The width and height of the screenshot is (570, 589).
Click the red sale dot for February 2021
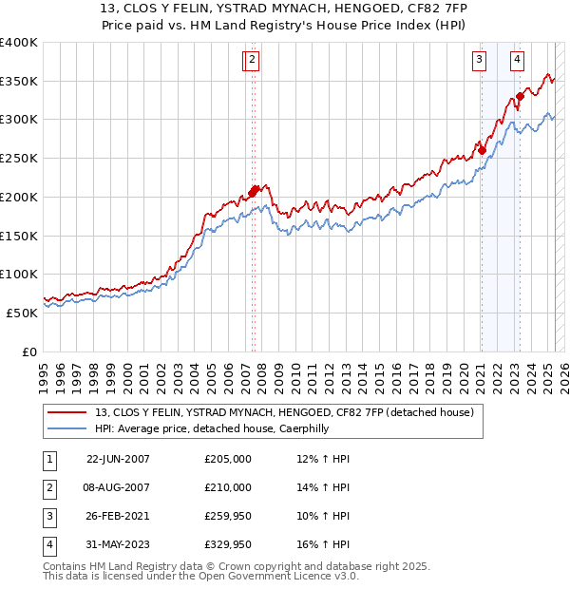click(483, 150)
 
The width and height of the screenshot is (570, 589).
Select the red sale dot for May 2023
click(521, 96)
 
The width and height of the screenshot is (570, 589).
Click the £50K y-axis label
click(22, 313)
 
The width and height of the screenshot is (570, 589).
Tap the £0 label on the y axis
click(30, 351)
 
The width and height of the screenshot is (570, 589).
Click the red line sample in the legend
click(67, 412)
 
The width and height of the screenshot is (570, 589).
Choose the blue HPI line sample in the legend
click(67, 428)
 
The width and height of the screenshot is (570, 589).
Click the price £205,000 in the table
click(227, 459)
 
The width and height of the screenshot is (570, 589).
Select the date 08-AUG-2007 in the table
click(118, 487)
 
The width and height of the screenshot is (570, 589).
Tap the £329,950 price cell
click(227, 544)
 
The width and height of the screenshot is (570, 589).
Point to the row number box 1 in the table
click(47, 459)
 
